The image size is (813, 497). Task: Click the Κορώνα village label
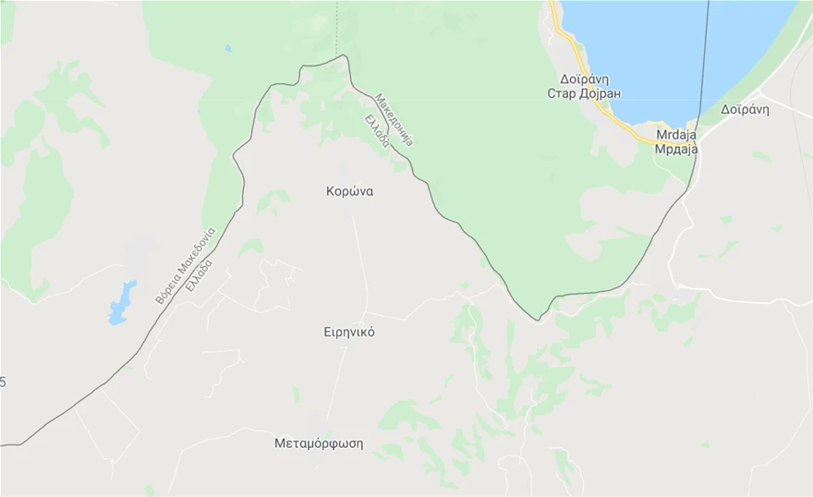[349, 192]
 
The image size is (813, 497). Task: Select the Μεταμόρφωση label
[319, 443]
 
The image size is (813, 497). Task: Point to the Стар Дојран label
[584, 93]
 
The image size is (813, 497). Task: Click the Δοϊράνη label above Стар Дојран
[584, 79]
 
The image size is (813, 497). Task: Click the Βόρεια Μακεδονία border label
[185, 266]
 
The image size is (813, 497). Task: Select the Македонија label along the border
[394, 120]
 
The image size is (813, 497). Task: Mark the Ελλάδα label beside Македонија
[377, 132]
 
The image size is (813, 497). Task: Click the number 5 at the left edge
[3, 382]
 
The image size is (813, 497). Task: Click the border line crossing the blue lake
[706, 55]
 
